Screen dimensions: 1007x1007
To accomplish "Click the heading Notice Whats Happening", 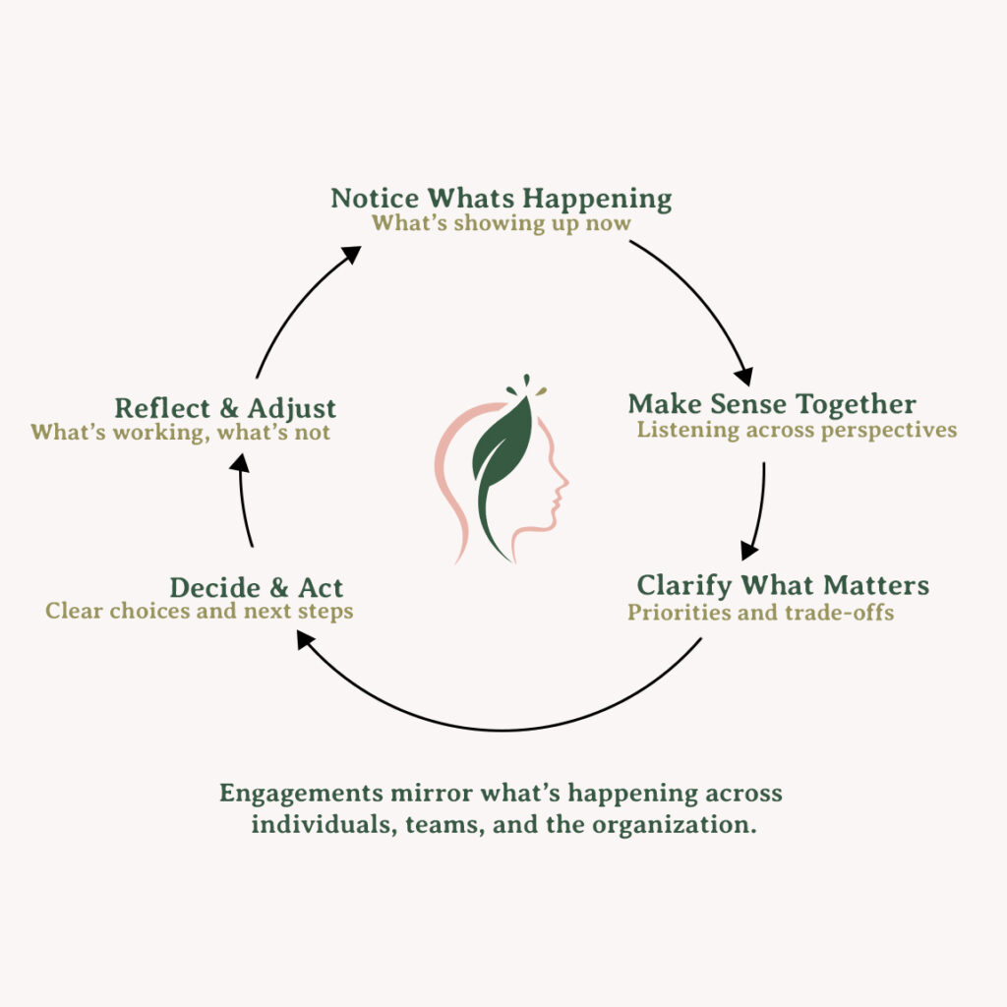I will click(502, 198).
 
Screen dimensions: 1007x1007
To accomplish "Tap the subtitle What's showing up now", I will click(502, 223).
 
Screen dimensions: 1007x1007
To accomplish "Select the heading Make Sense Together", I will click(772, 404).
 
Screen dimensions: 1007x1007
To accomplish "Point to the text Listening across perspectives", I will click(797, 430).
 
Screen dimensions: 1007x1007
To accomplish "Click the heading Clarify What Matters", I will click(783, 586).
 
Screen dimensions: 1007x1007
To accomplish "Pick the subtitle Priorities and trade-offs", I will click(761, 613).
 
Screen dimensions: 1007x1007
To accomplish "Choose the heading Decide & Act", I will click(257, 588).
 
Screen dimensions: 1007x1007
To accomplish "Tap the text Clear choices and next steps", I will click(200, 611).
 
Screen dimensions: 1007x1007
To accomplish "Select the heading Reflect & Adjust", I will click(225, 408).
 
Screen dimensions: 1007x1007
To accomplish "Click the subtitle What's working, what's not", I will click(181, 432).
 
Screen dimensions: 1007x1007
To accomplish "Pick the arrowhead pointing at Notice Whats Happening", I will click(351, 254).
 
